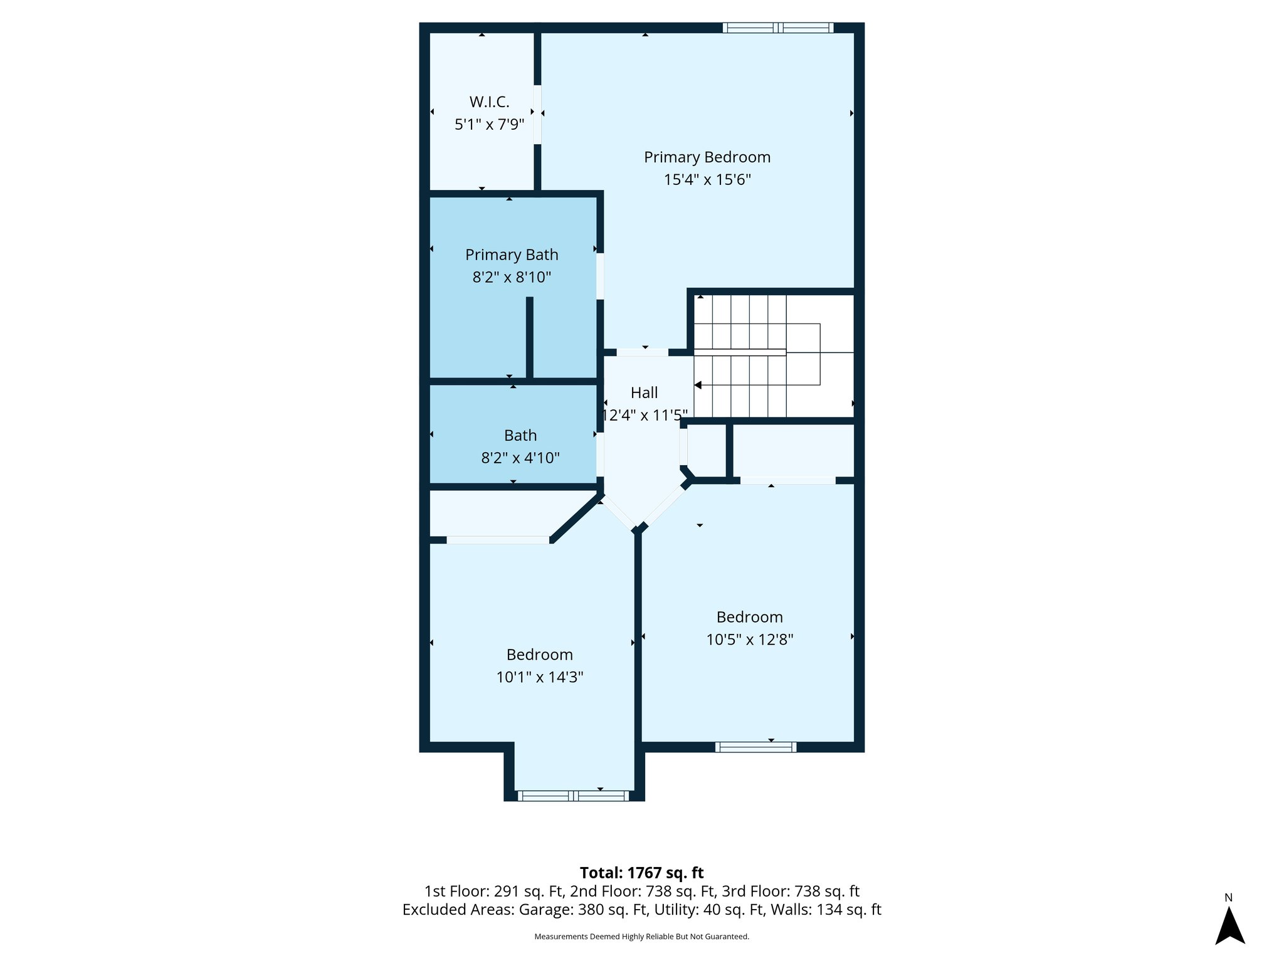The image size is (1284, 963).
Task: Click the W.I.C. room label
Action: click(489, 102)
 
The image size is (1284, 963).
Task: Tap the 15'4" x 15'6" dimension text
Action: click(707, 180)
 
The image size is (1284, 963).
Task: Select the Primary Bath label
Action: click(512, 255)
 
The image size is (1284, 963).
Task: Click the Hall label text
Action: click(644, 392)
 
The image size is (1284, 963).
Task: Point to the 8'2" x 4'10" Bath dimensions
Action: click(520, 458)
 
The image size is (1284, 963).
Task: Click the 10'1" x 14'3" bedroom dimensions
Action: click(540, 677)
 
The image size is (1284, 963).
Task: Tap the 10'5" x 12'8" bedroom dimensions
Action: click(750, 639)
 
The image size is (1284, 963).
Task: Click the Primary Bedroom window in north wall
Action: click(777, 28)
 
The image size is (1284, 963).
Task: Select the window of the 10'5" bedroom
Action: click(755, 747)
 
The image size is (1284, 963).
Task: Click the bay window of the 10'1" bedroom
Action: click(573, 796)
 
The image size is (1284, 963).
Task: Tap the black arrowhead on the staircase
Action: click(698, 385)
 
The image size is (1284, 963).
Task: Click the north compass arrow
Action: click(1229, 926)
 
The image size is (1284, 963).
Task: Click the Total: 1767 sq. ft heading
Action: click(641, 873)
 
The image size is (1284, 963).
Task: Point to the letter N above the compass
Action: click(1229, 898)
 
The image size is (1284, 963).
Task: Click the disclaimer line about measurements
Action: click(641, 937)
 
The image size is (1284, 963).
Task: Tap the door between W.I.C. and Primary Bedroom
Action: click(537, 115)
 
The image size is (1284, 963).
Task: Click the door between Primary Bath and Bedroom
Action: click(600, 276)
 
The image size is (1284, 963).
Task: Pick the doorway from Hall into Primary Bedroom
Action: click(642, 352)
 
